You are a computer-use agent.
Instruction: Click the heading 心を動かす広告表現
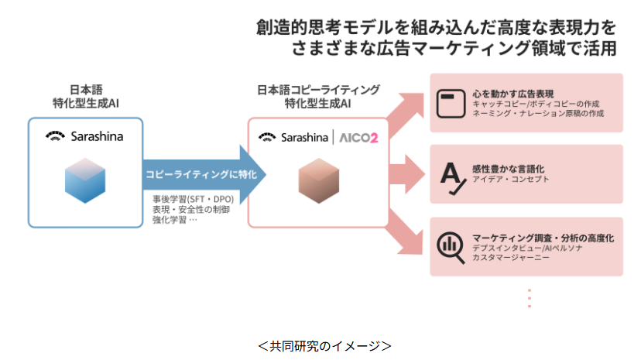[x=512, y=93]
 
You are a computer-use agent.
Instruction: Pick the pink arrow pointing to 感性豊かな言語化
[x=402, y=171]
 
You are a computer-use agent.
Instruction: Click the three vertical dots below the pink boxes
[x=530, y=299]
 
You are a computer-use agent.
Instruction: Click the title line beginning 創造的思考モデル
[x=437, y=28]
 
